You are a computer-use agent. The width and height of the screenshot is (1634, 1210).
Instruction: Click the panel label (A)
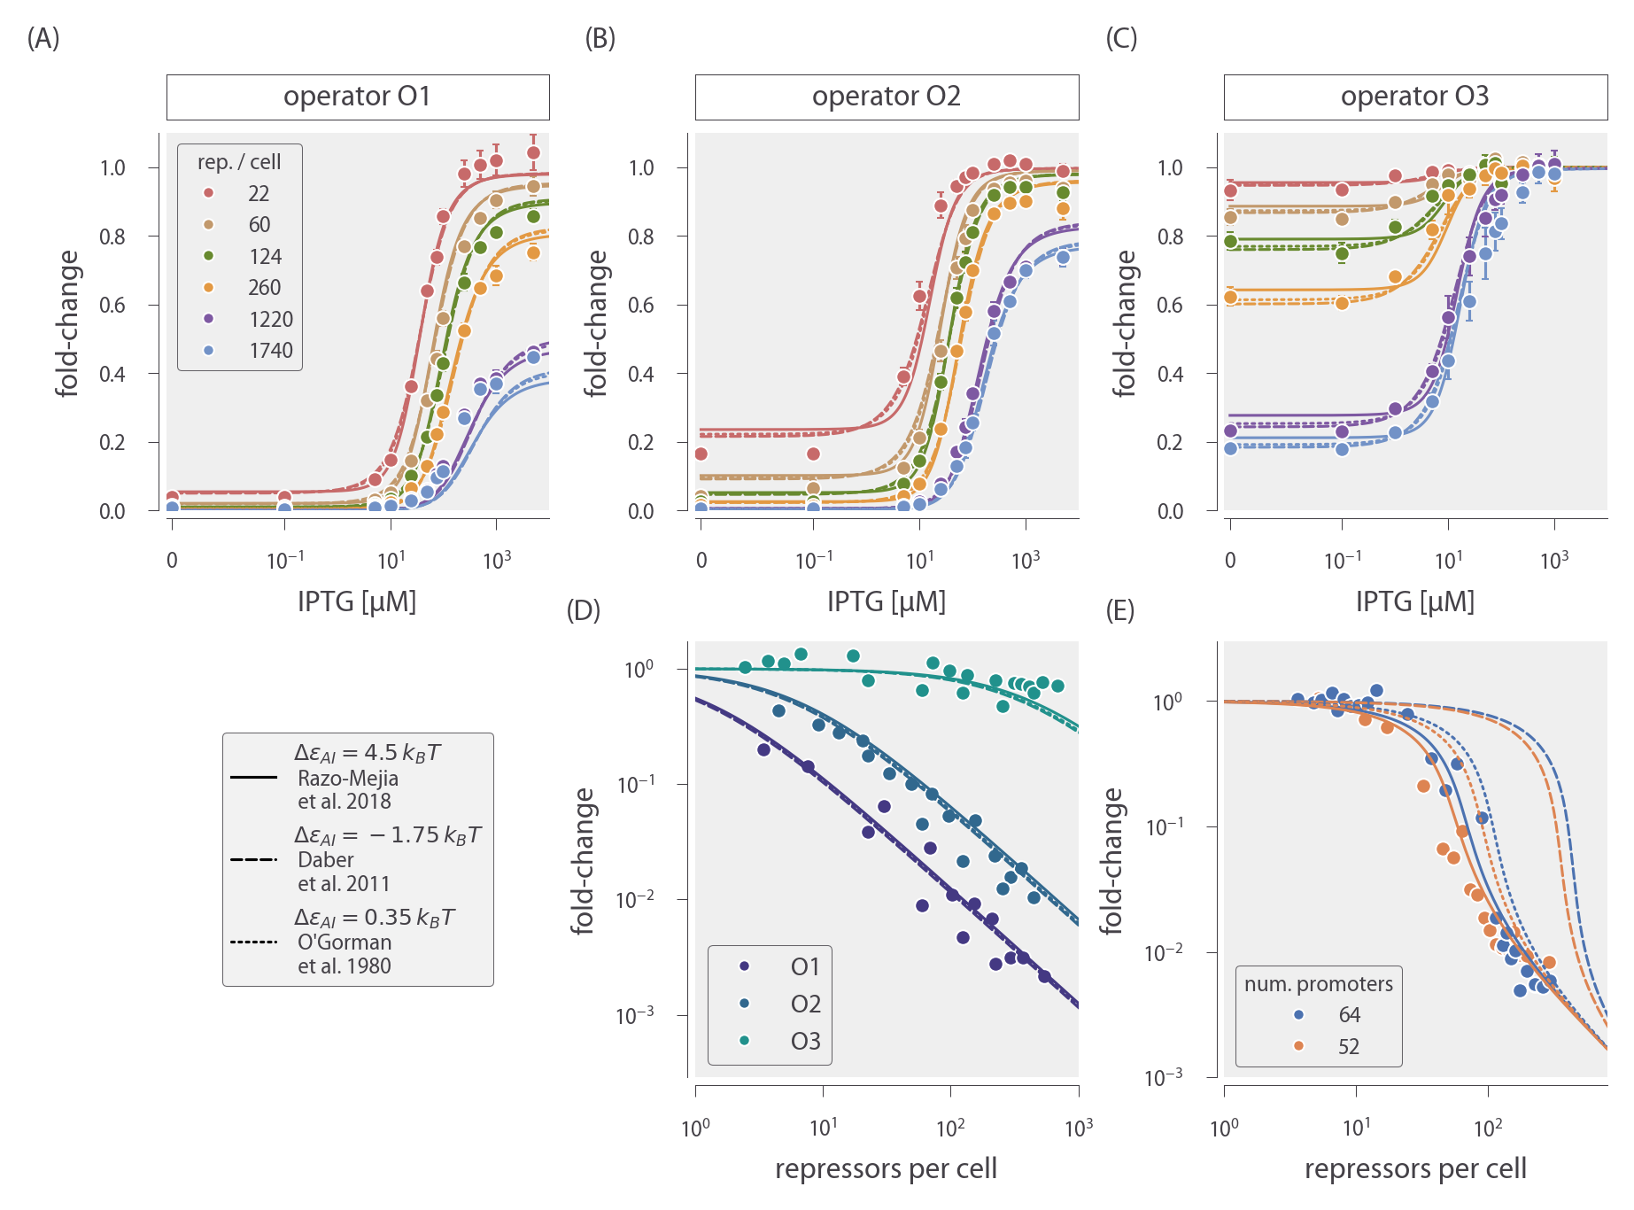[43, 39]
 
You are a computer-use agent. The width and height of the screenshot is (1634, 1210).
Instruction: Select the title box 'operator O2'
[887, 97]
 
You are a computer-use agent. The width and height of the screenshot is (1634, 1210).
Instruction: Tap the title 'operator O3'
[1414, 97]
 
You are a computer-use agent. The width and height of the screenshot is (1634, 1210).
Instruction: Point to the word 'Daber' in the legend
[326, 860]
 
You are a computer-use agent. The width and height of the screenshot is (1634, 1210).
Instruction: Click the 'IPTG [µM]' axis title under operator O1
[357, 601]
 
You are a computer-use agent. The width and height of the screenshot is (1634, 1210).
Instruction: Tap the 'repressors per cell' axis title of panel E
[1415, 1169]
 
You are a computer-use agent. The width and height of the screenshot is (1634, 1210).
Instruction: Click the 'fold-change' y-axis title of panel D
[583, 861]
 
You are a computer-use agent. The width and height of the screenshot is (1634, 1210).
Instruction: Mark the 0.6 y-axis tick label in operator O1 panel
[112, 306]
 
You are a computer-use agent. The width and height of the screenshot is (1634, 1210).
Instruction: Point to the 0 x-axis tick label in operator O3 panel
[1230, 561]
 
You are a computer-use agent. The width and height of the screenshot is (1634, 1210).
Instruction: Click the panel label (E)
[1120, 611]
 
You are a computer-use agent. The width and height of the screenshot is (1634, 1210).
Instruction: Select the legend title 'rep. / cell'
[239, 162]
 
